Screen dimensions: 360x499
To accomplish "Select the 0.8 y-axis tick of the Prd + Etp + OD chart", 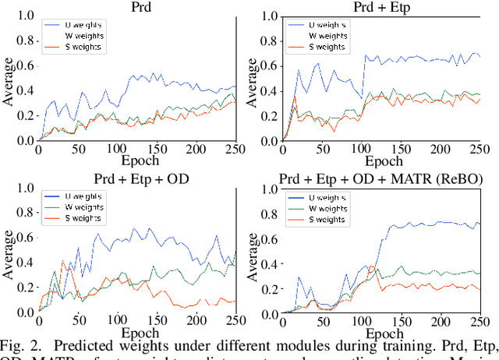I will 25,213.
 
